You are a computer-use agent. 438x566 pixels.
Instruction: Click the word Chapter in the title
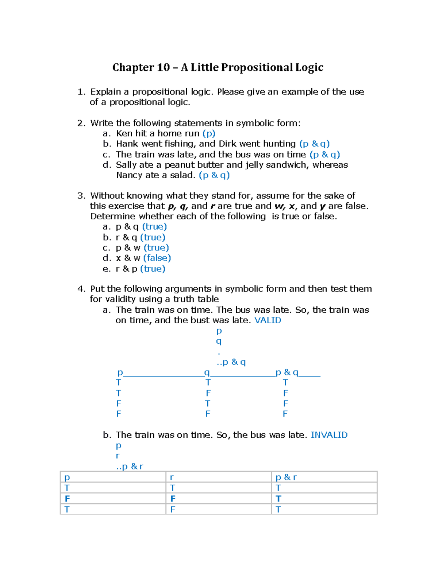click(133, 68)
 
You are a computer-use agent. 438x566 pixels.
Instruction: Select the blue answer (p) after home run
click(209, 133)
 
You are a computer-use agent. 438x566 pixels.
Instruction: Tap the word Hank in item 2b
click(127, 144)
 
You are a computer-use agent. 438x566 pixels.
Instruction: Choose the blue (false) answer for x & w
click(157, 258)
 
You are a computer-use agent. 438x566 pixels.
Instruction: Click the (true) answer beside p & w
click(156, 248)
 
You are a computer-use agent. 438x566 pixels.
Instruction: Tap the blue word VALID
click(268, 320)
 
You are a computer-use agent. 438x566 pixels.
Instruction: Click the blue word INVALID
click(329, 435)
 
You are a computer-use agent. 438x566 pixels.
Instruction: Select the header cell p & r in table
click(286, 477)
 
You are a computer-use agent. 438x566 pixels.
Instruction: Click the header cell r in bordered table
click(172, 477)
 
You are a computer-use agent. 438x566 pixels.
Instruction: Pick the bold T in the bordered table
click(278, 499)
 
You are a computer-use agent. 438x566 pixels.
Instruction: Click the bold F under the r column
click(173, 499)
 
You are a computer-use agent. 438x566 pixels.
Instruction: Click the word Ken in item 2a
click(124, 133)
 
